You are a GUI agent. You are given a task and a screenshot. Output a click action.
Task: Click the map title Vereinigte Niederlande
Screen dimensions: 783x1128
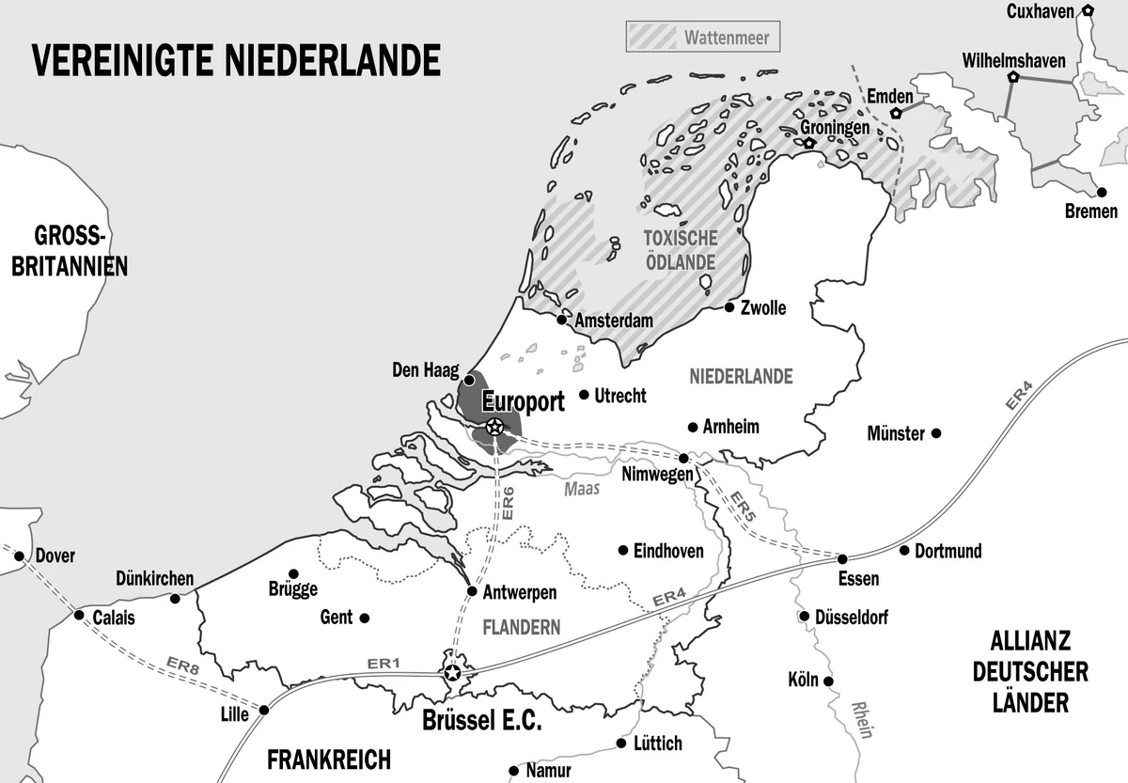237,59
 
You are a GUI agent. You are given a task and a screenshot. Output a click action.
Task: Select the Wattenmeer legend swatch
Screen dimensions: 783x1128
650,38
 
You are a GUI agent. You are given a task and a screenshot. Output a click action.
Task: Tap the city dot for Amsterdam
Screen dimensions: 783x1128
561,320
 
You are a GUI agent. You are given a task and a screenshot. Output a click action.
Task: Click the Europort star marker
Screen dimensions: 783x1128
494,428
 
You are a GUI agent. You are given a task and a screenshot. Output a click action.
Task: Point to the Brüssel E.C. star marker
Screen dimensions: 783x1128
453,673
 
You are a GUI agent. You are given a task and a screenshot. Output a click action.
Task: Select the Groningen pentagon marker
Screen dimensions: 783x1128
808,144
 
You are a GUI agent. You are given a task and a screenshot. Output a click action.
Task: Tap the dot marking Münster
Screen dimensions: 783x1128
935,433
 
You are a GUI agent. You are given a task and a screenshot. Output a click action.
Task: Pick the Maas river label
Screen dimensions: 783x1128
582,489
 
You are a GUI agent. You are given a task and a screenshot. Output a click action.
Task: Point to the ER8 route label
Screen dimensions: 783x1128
183,666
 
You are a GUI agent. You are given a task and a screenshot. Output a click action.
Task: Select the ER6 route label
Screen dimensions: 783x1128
508,504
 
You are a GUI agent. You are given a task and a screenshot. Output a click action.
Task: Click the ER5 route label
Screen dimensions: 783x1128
742,511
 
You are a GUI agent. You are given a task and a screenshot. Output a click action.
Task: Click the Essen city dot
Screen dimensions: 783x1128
842,558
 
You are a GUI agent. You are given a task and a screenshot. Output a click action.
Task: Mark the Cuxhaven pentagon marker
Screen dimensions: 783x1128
1088,10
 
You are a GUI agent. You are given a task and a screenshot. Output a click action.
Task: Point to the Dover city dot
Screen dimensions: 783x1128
19,556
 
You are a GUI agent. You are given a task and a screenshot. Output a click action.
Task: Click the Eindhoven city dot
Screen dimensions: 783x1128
621,551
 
